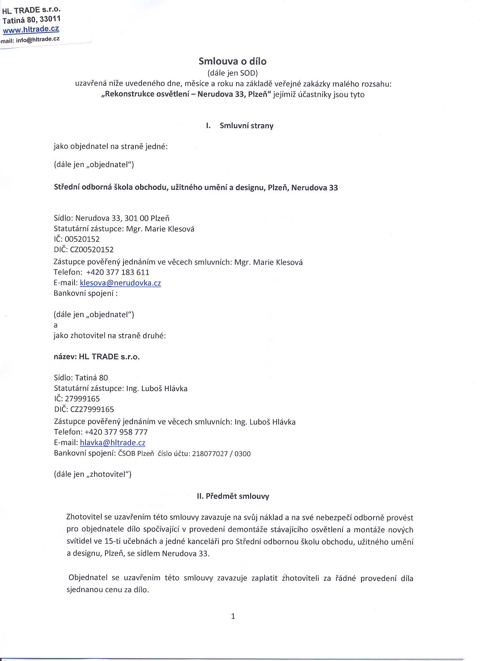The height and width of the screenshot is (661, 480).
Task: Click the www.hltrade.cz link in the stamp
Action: (31, 29)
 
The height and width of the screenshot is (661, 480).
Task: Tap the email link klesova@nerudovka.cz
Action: (120, 283)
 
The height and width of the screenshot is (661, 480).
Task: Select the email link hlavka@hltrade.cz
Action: (113, 443)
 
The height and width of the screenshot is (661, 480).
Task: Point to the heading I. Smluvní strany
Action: (240, 126)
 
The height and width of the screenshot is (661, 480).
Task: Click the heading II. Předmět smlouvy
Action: (233, 496)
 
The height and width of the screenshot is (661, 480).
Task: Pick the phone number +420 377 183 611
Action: (118, 272)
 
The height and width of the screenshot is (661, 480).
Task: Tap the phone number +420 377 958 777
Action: (116, 432)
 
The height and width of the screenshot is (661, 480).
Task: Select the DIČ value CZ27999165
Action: (92, 409)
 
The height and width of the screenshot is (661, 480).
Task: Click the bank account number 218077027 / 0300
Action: (221, 454)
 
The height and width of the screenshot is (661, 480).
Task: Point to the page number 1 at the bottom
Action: (233, 617)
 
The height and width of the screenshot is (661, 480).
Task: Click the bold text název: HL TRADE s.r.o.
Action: (97, 357)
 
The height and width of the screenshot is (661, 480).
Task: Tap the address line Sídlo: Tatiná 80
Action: (81, 378)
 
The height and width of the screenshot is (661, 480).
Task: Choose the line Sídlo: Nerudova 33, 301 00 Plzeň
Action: (111, 218)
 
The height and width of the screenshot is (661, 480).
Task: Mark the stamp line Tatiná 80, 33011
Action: (32, 20)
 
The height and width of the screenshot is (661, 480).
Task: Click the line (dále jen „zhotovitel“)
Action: (93, 474)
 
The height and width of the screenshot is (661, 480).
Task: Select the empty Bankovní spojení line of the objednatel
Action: (86, 293)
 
